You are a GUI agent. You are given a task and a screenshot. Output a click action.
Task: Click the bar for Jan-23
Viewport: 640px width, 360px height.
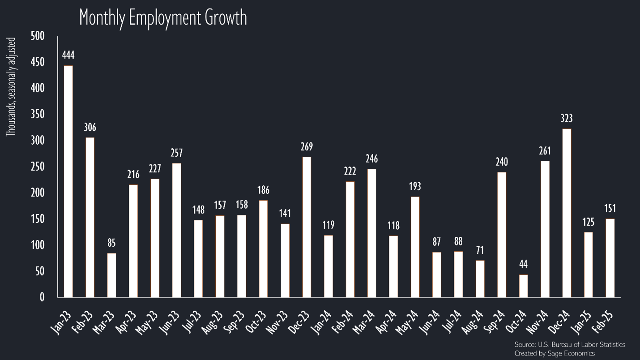pyautogui.click(x=68, y=181)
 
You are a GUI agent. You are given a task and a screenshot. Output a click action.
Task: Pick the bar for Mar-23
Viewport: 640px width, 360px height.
pyautogui.click(x=112, y=275)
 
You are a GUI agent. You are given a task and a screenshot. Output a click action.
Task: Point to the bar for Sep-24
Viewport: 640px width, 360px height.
pyautogui.click(x=502, y=235)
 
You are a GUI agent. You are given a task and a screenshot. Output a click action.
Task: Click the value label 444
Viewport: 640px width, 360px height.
pyautogui.click(x=68, y=56)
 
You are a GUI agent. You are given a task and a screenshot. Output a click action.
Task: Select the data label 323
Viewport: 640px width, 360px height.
pyautogui.click(x=567, y=119)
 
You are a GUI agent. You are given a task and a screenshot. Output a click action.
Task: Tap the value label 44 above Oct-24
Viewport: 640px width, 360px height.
pyautogui.click(x=523, y=265)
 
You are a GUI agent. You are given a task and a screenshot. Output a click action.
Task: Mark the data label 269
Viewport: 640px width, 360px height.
pyautogui.click(x=307, y=147)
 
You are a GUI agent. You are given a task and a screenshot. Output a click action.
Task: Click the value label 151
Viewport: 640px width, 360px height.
pyautogui.click(x=610, y=209)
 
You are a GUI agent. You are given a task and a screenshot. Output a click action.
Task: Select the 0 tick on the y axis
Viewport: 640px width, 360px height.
pyautogui.click(x=42, y=297)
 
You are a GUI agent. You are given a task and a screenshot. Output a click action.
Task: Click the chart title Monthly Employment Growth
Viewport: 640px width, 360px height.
pyautogui.click(x=163, y=18)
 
